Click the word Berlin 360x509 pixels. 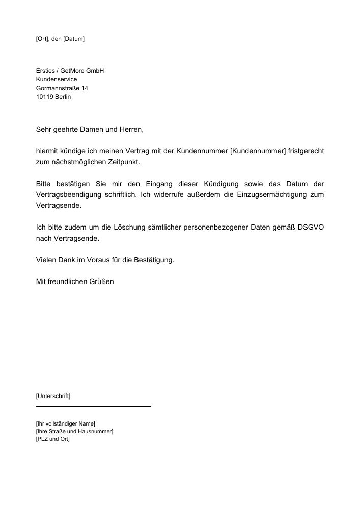pyautogui.click(x=63, y=97)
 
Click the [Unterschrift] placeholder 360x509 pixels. pyautogui.click(x=53, y=395)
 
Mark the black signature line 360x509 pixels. pyautogui.click(x=94, y=406)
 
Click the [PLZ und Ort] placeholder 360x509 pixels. pyautogui.click(x=52, y=439)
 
